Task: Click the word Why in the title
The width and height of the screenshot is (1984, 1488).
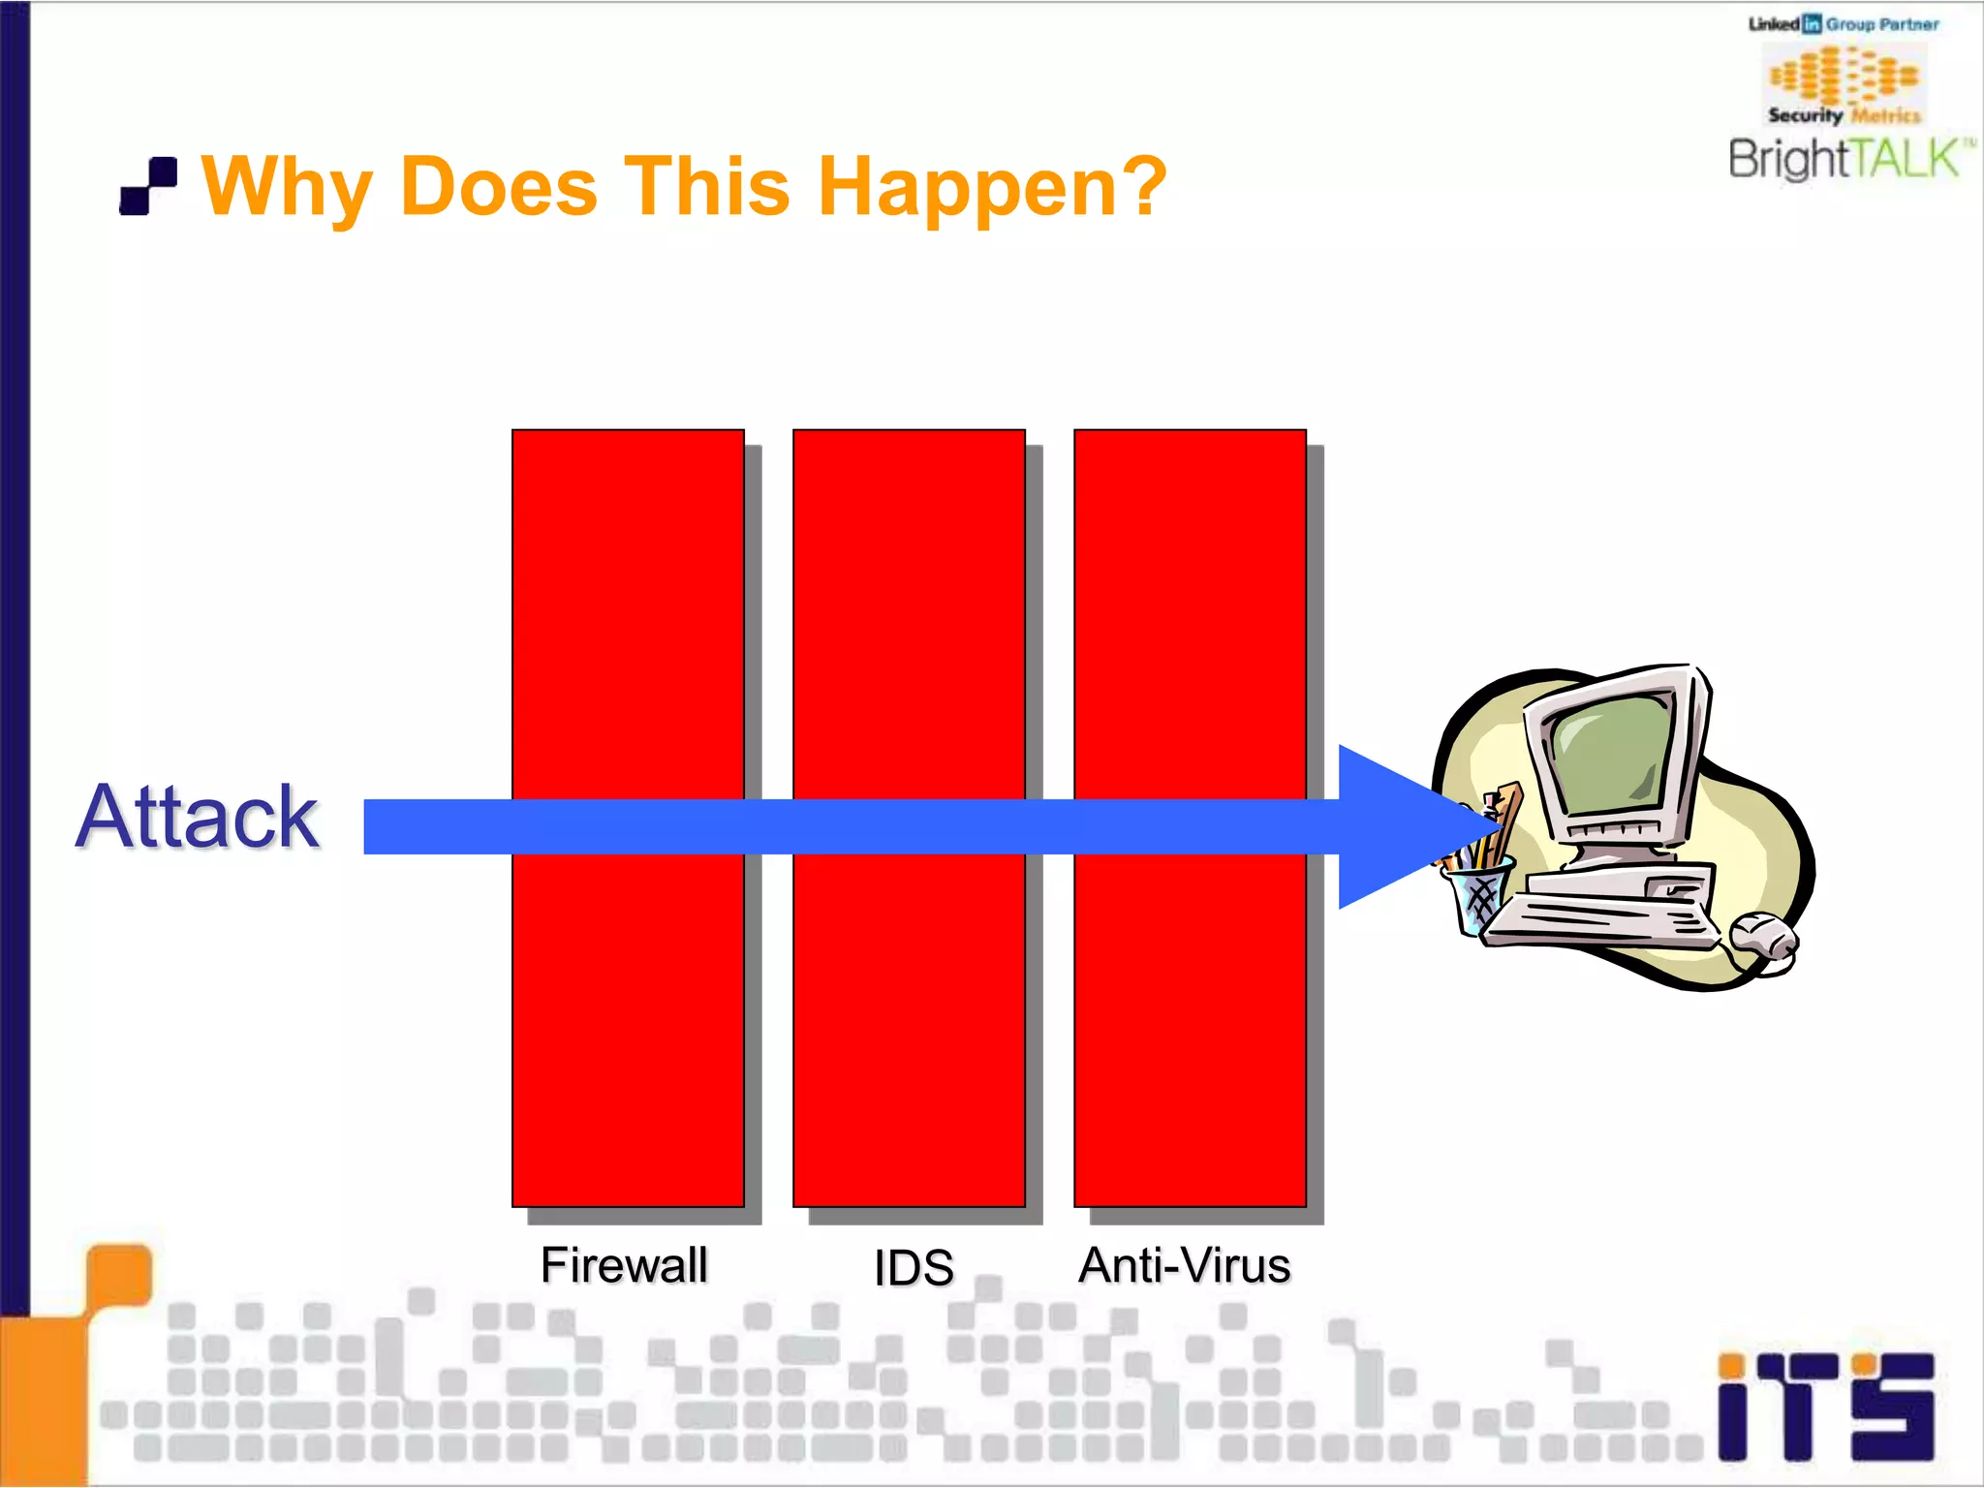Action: click(287, 186)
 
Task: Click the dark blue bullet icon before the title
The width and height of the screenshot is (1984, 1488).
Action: click(148, 185)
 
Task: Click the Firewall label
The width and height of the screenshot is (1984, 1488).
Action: click(625, 1265)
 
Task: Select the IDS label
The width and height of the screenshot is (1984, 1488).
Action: click(914, 1267)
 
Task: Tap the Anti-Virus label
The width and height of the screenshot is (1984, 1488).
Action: click(1185, 1265)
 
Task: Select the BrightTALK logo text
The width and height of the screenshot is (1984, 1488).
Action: click(1845, 160)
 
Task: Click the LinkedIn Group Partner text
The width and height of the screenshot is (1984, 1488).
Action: click(1844, 24)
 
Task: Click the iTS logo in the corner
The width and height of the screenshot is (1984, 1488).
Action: click(1825, 1407)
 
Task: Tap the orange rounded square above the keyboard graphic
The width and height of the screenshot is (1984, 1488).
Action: click(120, 1274)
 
